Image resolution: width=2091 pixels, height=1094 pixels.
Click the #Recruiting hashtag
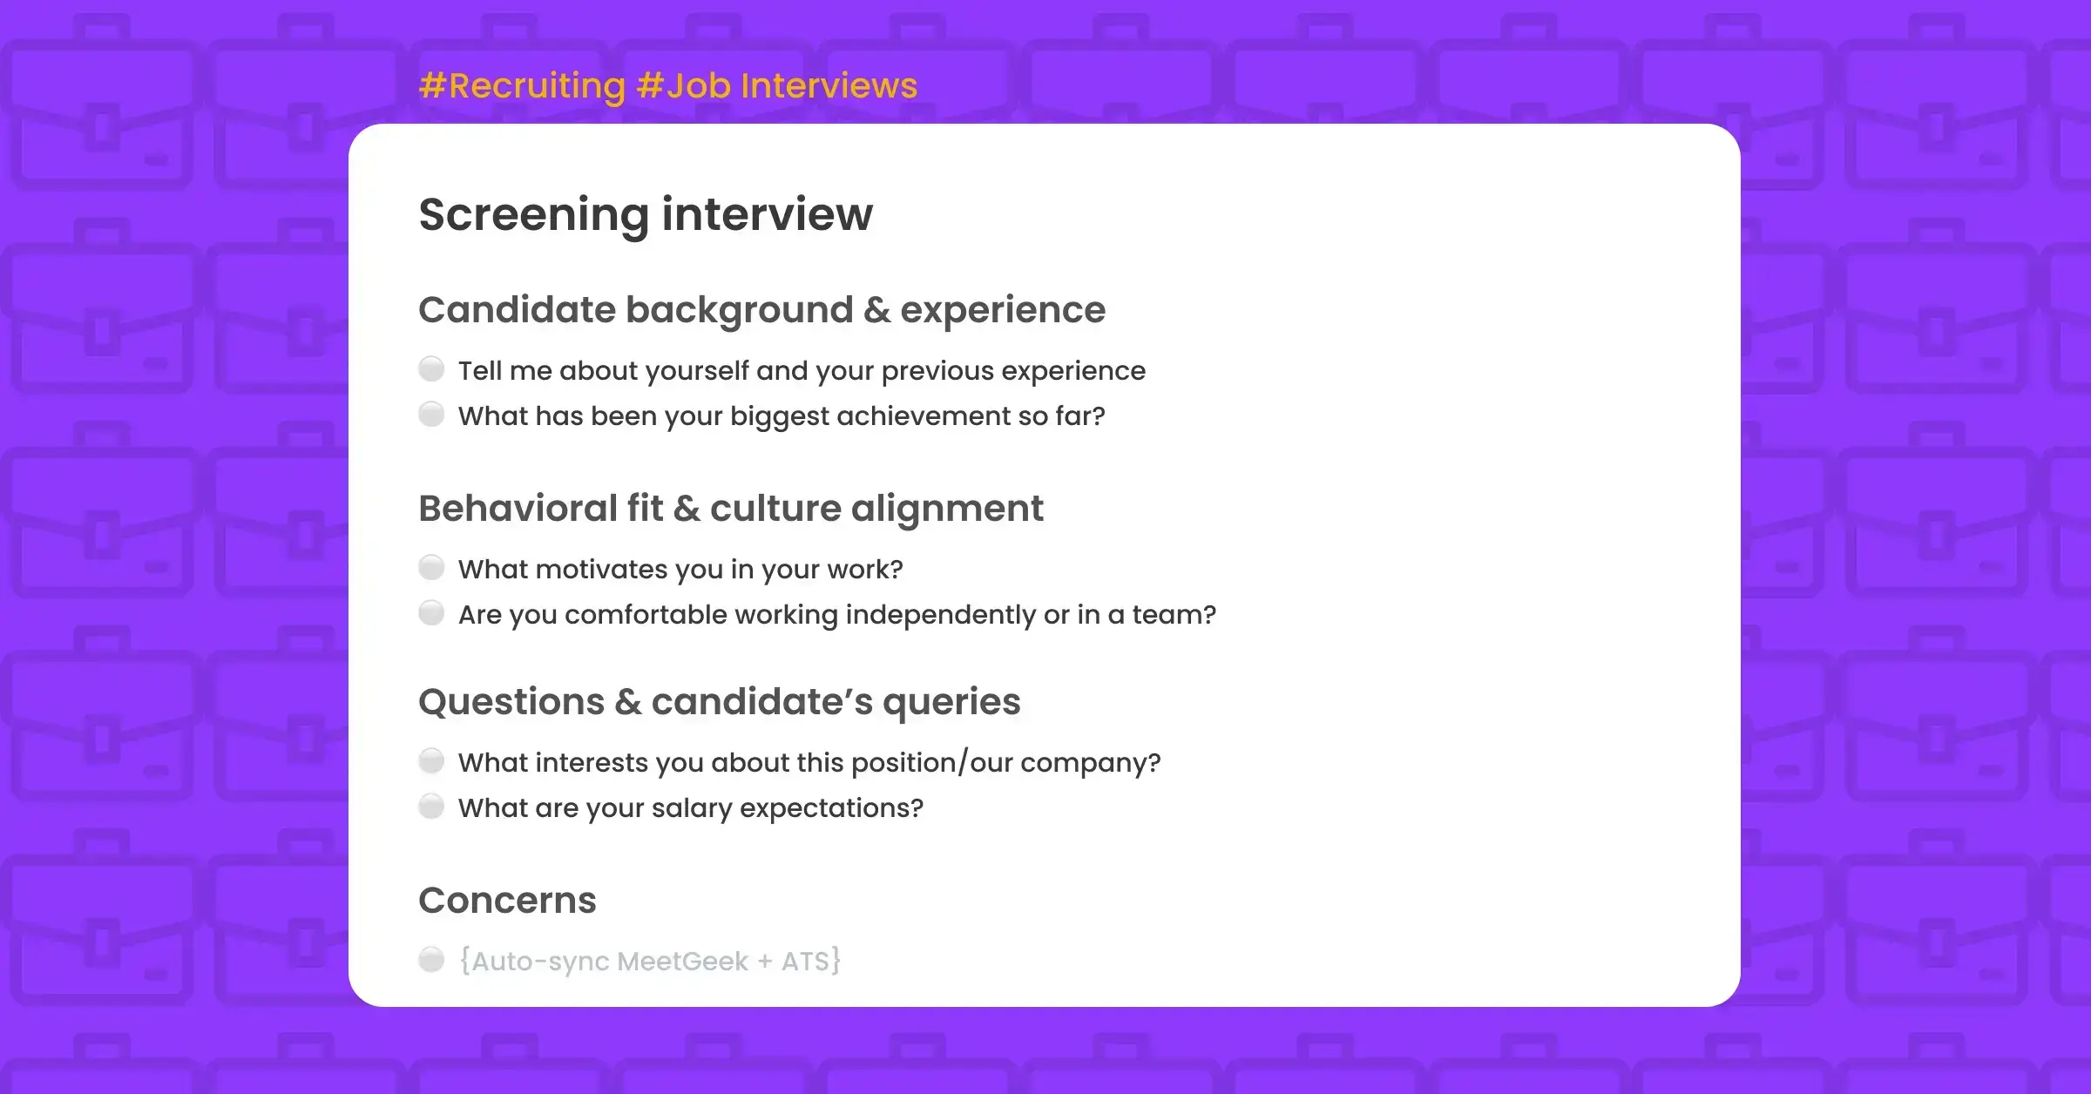(x=522, y=86)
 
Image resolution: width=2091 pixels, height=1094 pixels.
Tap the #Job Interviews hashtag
(x=776, y=86)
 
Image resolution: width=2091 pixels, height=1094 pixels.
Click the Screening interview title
(x=646, y=214)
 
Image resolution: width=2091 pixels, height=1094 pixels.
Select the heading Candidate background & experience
(x=761, y=310)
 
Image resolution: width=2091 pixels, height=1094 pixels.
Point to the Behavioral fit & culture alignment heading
(x=730, y=509)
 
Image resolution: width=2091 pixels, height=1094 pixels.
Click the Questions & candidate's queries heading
(x=719, y=702)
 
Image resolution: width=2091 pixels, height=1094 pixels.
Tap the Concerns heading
(x=507, y=901)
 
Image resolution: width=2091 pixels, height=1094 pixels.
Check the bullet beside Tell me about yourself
(x=431, y=369)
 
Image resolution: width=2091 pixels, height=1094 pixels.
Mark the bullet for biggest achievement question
(x=431, y=415)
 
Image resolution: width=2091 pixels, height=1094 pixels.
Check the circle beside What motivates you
(x=431, y=568)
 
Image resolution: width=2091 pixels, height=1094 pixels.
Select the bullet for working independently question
(x=431, y=613)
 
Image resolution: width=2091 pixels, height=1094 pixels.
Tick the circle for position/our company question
(x=431, y=761)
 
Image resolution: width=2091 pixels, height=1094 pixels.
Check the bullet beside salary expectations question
(x=431, y=807)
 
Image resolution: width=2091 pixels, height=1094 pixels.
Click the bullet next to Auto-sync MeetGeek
(x=431, y=960)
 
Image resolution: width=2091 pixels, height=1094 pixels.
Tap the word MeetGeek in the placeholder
(x=682, y=962)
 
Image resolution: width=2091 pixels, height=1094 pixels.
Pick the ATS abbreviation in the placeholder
(x=805, y=962)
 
